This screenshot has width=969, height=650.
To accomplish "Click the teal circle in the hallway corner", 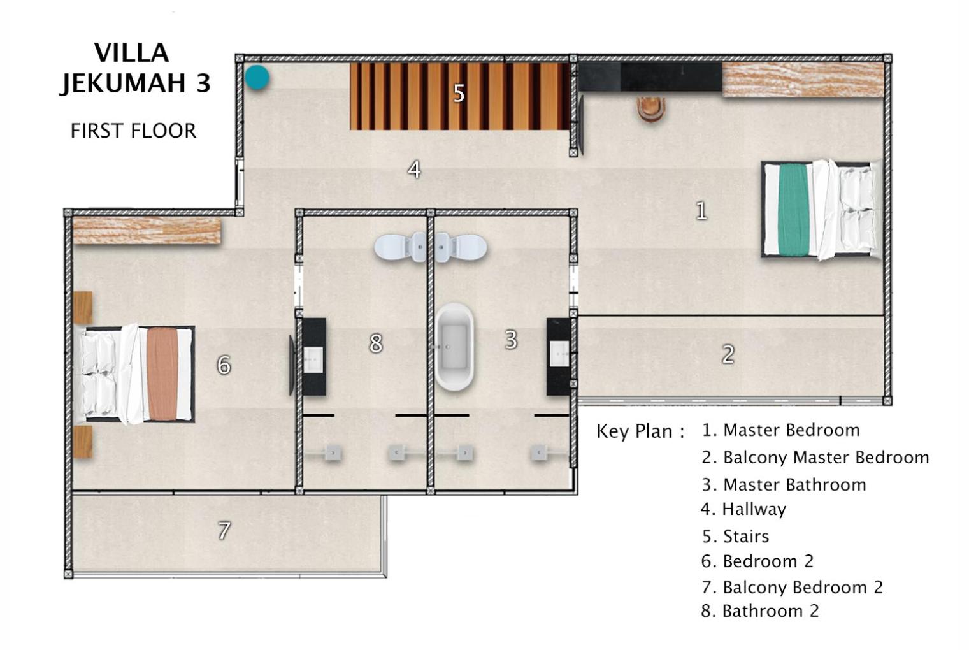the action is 257,78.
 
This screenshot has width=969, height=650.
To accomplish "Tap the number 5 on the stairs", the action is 459,94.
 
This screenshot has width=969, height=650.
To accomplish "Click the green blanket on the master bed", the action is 794,210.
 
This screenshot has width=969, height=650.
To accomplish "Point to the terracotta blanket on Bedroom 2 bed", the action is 162,373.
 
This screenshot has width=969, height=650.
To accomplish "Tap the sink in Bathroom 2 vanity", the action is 313,359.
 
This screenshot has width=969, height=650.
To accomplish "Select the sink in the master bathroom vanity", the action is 559,354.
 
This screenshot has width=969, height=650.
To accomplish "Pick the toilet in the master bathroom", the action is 461,247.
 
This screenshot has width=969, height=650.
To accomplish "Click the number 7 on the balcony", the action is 224,531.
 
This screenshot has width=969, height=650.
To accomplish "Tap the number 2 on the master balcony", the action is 728,354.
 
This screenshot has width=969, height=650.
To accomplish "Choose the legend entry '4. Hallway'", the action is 743,509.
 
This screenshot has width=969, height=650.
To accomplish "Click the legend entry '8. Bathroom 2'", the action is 760,611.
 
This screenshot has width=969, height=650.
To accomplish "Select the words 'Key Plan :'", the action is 640,431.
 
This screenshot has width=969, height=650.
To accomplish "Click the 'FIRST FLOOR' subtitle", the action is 133,131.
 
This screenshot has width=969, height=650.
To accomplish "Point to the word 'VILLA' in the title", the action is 131,53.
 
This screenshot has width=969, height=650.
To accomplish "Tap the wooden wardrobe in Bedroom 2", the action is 147,231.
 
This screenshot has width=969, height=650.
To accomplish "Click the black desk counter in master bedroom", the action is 650,76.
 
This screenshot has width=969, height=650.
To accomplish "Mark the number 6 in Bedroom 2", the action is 224,365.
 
